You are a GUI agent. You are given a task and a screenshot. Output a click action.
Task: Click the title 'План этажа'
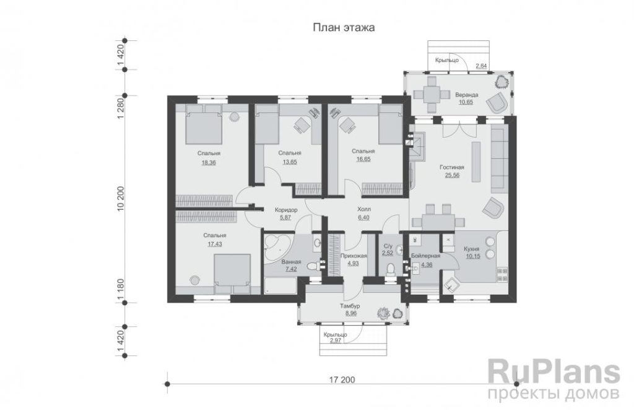(344, 27)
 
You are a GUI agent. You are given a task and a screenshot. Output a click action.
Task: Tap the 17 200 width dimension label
(342, 380)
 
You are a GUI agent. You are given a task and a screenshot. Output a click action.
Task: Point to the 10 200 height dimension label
(120, 199)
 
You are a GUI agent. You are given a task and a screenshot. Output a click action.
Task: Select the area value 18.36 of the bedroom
(209, 163)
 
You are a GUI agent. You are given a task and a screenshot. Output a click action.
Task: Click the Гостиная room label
(452, 167)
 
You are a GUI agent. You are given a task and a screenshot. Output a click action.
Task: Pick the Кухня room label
(472, 249)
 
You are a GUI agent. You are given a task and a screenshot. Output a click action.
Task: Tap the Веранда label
(467, 95)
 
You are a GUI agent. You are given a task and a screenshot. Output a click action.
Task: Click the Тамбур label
(350, 306)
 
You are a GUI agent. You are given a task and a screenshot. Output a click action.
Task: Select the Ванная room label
(291, 262)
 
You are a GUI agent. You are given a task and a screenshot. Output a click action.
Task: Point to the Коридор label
(286, 210)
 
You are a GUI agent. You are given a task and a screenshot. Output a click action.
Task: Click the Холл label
(364, 210)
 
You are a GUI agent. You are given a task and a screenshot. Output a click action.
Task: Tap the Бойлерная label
(425, 256)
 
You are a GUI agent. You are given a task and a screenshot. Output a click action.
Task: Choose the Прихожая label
(354, 256)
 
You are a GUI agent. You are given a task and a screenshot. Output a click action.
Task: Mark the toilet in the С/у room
(390, 269)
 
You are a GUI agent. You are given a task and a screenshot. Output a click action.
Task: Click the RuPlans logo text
(554, 373)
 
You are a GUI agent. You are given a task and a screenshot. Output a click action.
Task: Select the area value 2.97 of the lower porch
(336, 341)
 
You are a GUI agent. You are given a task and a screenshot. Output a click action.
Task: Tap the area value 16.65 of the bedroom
(363, 159)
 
